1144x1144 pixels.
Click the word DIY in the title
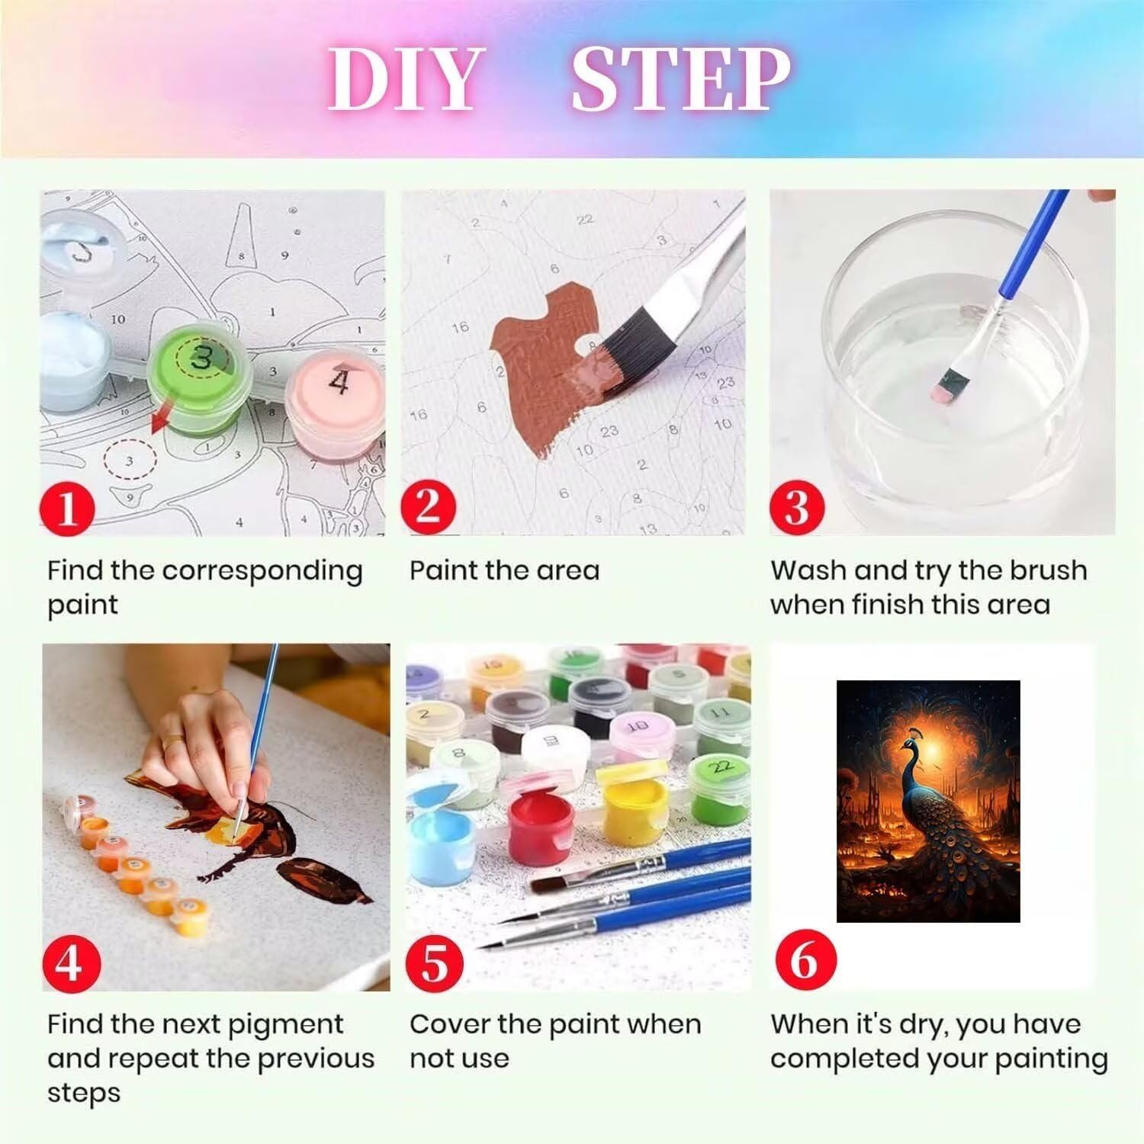(403, 79)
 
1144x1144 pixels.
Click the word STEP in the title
(681, 79)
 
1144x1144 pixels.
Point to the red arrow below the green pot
(160, 422)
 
